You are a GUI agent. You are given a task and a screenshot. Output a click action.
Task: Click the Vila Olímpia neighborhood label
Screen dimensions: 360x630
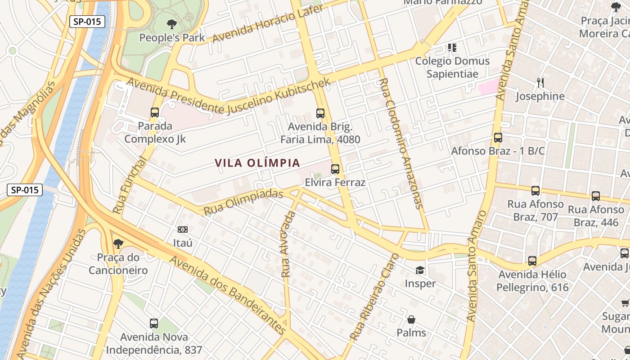pyautogui.click(x=257, y=163)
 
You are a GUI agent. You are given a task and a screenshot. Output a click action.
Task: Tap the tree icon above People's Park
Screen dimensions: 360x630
pyautogui.click(x=171, y=24)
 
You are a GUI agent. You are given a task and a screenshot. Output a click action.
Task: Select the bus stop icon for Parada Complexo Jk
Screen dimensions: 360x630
pyautogui.click(x=155, y=112)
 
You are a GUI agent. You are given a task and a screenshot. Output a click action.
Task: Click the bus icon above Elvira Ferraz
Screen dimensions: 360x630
pyautogui.click(x=335, y=169)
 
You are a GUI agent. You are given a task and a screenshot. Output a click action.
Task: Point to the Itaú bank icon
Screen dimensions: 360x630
pyautogui.click(x=182, y=229)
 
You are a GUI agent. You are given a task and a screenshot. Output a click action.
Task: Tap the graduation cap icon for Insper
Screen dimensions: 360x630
pyautogui.click(x=420, y=270)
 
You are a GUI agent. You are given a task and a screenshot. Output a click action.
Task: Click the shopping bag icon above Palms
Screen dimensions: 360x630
pyautogui.click(x=411, y=319)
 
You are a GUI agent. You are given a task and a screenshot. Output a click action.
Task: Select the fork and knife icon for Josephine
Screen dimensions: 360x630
pyautogui.click(x=540, y=83)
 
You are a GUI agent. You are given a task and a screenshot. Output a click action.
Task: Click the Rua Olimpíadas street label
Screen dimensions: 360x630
pyautogui.click(x=243, y=202)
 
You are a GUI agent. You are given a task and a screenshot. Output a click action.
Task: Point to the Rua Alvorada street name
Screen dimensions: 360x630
pyautogui.click(x=288, y=244)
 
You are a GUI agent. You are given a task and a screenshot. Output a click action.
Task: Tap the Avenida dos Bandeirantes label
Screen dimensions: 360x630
pyautogui.click(x=227, y=296)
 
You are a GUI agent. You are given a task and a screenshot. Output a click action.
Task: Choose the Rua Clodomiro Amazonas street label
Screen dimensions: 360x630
pyautogui.click(x=401, y=143)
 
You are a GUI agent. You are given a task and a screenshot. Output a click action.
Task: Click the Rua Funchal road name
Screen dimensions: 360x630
pyautogui.click(x=130, y=185)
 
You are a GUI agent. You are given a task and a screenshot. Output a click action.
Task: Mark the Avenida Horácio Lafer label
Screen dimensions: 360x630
pyautogui.click(x=267, y=24)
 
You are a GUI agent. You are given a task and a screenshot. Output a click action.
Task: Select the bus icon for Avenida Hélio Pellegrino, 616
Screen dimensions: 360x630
pyautogui.click(x=532, y=261)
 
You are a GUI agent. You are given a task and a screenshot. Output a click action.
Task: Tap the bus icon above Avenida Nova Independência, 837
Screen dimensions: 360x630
pyautogui.click(x=154, y=323)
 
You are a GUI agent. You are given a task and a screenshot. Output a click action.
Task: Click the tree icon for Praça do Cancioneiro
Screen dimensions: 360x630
pyautogui.click(x=118, y=244)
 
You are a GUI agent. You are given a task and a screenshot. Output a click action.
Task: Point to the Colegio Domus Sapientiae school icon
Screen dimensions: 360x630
pyautogui.click(x=452, y=47)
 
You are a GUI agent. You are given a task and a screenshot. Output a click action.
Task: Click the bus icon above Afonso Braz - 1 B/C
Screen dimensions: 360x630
pyautogui.click(x=498, y=138)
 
